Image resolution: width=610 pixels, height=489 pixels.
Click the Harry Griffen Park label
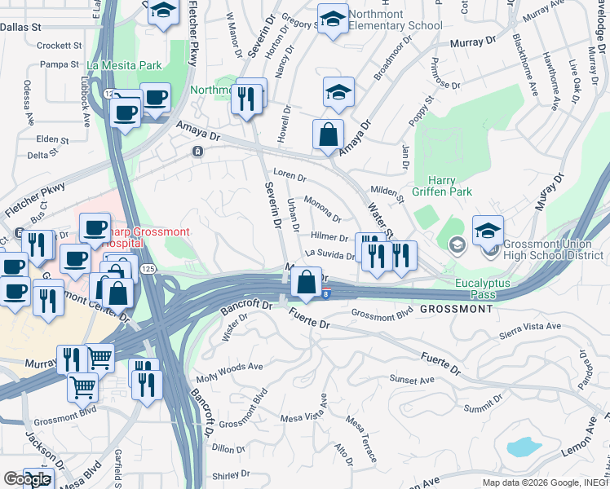(449, 187)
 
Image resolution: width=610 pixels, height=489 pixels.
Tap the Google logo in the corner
(27, 479)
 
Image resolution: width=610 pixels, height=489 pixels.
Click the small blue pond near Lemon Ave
(523, 447)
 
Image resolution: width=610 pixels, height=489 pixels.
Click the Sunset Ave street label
(407, 380)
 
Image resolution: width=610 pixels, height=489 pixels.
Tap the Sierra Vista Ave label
(530, 326)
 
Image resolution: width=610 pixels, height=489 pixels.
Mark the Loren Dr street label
(289, 174)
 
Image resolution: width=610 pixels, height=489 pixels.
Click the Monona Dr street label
(322, 208)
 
